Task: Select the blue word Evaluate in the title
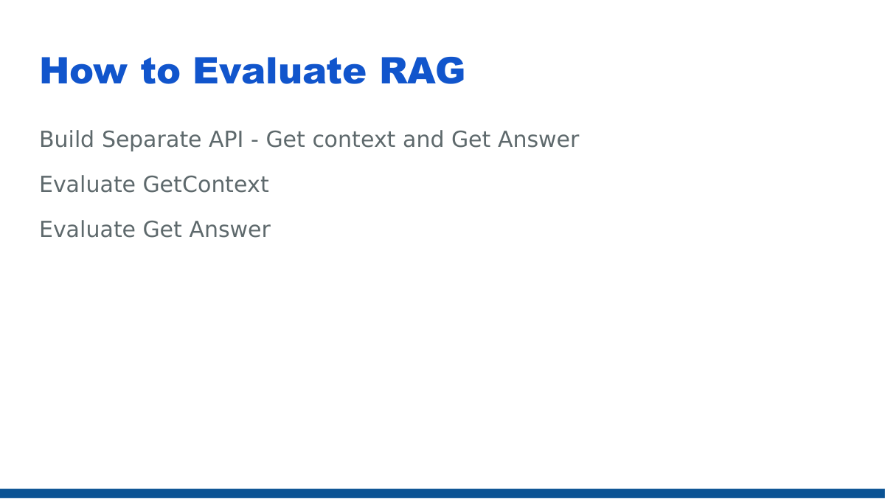pos(280,72)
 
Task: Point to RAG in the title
pos(423,72)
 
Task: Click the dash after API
pos(254,140)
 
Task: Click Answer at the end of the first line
pos(538,140)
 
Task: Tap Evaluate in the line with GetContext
pos(87,185)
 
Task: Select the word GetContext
pos(206,185)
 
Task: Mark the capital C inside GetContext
pos(190,185)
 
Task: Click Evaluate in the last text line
pos(87,230)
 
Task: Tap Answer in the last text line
pos(229,230)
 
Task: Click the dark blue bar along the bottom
pos(442,493)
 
